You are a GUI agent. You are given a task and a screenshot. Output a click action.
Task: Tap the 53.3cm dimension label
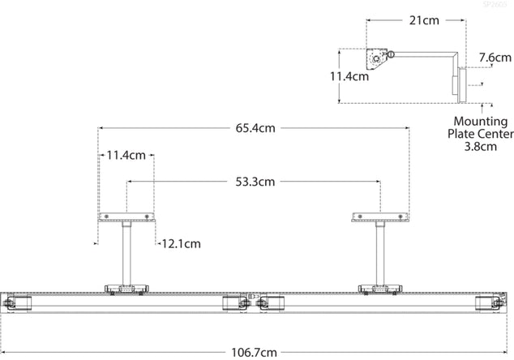(253, 182)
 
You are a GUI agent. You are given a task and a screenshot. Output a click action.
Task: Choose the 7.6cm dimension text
(495, 58)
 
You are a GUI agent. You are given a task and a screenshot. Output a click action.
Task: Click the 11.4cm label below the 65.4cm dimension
(125, 154)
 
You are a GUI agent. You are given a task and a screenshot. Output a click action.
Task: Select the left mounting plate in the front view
(126, 217)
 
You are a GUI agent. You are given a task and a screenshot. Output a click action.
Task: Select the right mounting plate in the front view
(378, 217)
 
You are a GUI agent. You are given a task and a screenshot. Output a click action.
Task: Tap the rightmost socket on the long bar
(490, 304)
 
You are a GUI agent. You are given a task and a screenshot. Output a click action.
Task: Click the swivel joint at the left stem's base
(126, 288)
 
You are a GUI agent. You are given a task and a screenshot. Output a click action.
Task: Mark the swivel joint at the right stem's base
(378, 288)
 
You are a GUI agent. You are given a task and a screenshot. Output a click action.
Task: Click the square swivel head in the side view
(378, 59)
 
